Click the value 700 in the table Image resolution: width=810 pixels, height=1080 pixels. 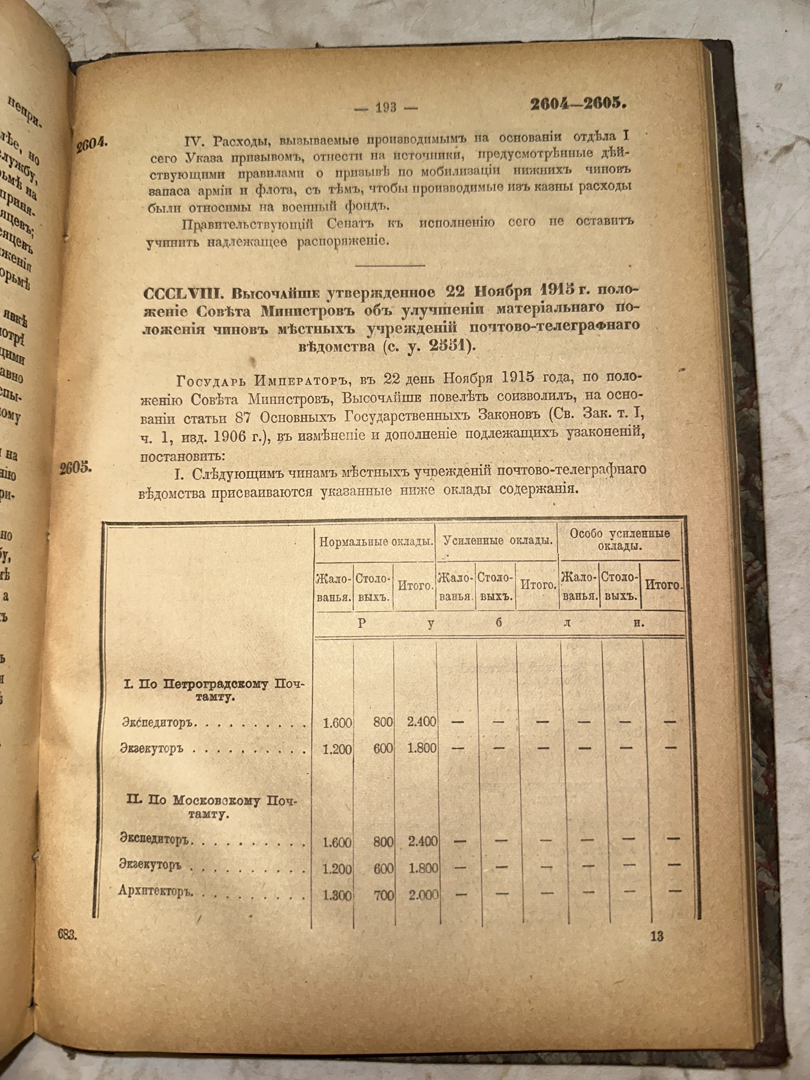coord(384,895)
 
